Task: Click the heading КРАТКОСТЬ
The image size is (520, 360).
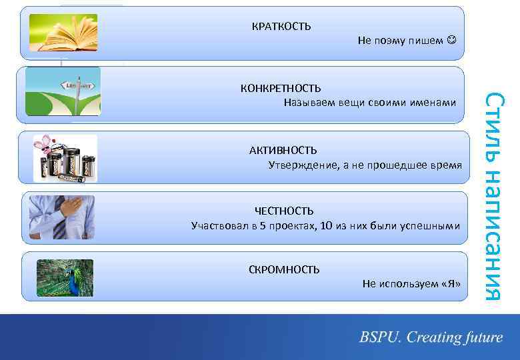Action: pyautogui.click(x=281, y=27)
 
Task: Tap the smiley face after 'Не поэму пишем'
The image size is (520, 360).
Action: pyautogui.click(x=452, y=41)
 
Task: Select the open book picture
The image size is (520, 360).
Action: pyautogui.click(x=67, y=33)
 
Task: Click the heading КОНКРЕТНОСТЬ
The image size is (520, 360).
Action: pyautogui.click(x=280, y=89)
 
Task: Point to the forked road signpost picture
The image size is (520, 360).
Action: pyautogui.click(x=63, y=92)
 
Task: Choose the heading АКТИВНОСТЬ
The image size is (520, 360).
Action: pyautogui.click(x=283, y=151)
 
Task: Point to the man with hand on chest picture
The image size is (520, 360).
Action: pyautogui.click(x=62, y=217)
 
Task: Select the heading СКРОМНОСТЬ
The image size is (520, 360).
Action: pyautogui.click(x=283, y=269)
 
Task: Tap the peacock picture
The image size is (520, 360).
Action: pyautogui.click(x=65, y=277)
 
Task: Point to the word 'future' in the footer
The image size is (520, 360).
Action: pyautogui.click(x=481, y=337)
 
